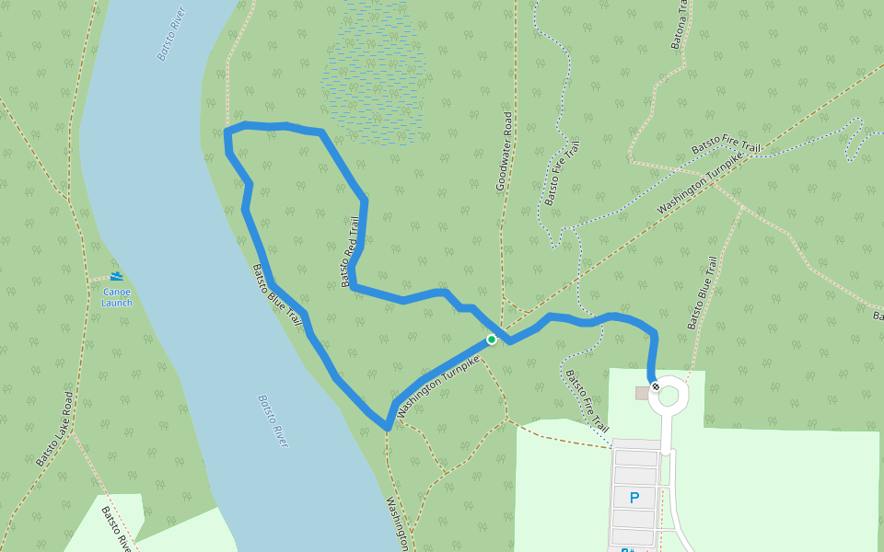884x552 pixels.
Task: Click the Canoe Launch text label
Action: [x=117, y=297]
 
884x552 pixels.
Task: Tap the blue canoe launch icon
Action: [x=117, y=276]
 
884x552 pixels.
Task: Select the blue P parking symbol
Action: [x=634, y=498]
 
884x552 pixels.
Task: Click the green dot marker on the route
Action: [x=492, y=339]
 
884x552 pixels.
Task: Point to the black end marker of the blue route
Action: [x=655, y=386]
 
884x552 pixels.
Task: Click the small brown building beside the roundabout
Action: [x=642, y=393]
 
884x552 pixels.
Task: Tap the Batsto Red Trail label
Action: [x=349, y=251]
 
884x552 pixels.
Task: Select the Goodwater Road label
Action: [x=505, y=152]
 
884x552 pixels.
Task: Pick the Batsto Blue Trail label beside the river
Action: [x=277, y=295]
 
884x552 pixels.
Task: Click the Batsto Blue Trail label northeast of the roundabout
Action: [x=702, y=293]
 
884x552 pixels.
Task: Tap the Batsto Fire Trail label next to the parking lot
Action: [x=587, y=401]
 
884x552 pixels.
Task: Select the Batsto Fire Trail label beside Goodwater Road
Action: [x=562, y=173]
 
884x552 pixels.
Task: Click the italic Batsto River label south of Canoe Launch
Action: [x=273, y=421]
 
